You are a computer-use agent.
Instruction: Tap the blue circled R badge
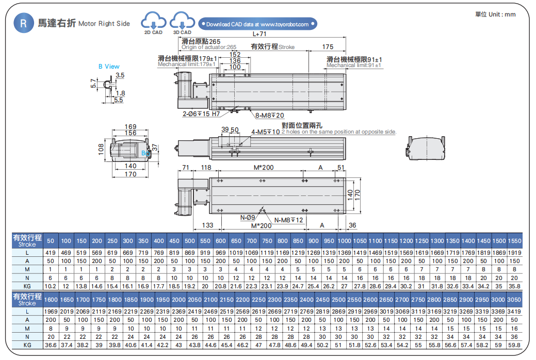(24, 23)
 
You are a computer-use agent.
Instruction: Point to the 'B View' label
(109, 67)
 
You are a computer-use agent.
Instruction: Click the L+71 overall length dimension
(259, 34)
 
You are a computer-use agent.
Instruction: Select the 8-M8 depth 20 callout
(269, 115)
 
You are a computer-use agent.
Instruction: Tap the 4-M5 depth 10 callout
(266, 132)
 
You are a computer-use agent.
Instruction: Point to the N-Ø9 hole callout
(247, 217)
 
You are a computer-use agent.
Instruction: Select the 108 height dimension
(101, 149)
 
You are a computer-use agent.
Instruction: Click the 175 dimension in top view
(328, 47)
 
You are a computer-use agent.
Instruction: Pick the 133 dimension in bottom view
(207, 225)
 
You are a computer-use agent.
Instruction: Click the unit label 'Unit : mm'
(495, 14)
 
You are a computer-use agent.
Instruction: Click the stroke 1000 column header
(344, 241)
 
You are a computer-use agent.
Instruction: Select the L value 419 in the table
(51, 253)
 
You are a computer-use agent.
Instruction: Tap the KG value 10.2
(51, 285)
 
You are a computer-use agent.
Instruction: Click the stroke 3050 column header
(514, 300)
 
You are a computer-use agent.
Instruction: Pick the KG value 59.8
(514, 344)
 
